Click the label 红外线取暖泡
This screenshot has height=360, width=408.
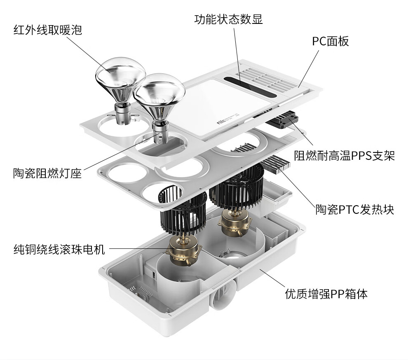48,30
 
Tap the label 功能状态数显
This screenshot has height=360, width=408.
228,19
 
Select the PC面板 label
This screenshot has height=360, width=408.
330,41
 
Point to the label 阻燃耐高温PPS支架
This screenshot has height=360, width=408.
344,156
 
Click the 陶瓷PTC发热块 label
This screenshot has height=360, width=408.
355,209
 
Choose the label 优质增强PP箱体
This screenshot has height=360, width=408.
326,294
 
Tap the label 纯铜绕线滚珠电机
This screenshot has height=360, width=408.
59,249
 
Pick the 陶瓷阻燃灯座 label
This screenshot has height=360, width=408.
47,173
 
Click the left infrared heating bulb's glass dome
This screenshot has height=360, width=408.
120,74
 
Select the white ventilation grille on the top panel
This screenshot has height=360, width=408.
270,78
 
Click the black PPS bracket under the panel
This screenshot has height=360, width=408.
283,119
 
